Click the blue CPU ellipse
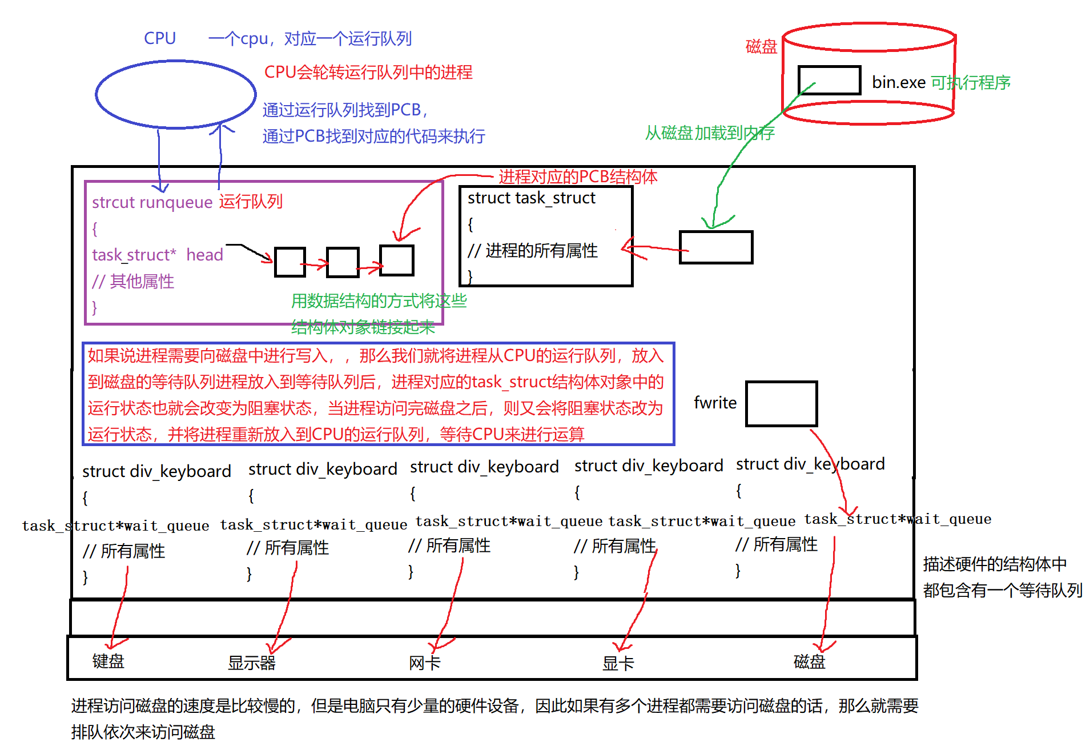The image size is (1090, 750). point(175,94)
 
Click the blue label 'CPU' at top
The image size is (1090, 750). point(160,38)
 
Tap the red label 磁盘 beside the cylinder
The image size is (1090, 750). point(761,47)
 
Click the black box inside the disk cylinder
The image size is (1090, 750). point(829,80)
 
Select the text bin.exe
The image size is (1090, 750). point(898,83)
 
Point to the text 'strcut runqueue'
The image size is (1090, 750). point(152,202)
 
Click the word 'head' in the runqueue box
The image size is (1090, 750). point(204,255)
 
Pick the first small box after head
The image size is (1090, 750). point(290,262)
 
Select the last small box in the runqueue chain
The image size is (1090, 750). point(397,260)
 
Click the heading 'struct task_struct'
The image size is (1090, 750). point(531,198)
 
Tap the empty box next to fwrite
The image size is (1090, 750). point(781,404)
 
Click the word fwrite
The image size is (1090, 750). point(715,403)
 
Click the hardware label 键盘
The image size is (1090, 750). point(108,661)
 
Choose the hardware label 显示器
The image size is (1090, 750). point(251,663)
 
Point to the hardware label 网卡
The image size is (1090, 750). point(424,663)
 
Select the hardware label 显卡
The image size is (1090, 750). point(618,663)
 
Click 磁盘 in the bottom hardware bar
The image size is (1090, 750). point(809,661)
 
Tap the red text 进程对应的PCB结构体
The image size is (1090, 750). point(578,177)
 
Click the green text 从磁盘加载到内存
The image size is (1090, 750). point(710,133)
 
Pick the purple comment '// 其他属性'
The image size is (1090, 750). point(133,281)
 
